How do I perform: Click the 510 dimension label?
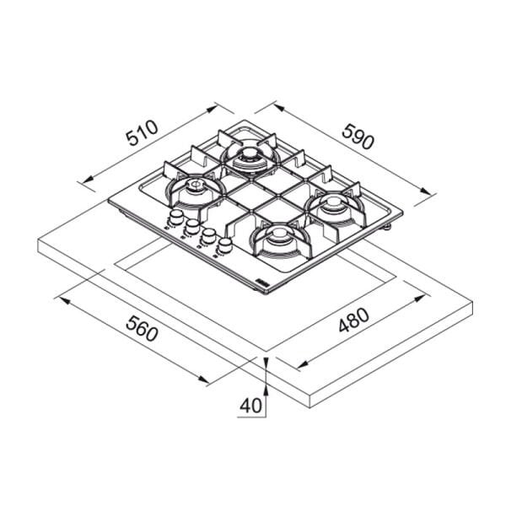[143, 133]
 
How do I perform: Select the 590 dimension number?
[358, 137]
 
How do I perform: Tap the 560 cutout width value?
[142, 329]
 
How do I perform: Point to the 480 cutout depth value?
[353, 320]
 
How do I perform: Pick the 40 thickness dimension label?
[250, 406]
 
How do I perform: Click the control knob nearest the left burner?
[176, 217]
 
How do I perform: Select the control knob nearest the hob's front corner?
[224, 244]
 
